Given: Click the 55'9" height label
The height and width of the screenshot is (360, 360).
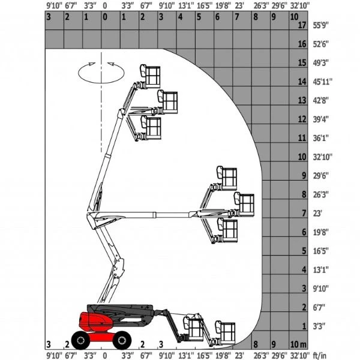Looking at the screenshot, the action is point(321,25).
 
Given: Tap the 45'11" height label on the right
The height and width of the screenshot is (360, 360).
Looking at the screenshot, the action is point(323,82).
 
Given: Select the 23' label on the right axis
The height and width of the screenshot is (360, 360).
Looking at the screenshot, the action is point(317,213).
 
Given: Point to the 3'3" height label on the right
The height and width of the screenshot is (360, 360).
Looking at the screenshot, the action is point(319,326).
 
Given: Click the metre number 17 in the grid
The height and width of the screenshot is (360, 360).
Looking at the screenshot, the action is point(302,25).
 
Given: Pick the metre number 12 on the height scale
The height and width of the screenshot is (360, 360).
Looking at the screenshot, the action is point(302,119).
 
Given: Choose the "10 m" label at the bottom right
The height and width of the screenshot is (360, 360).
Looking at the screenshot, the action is point(298,344).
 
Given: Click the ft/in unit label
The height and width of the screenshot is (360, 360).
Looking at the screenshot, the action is point(320,356).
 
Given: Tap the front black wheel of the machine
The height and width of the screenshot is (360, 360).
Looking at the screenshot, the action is point(122,340).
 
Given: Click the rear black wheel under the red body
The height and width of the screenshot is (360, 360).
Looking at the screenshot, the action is point(80,340).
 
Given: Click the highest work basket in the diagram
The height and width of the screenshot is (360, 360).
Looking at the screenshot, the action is point(151,76).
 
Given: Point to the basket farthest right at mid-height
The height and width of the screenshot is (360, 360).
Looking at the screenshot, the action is point(244,205).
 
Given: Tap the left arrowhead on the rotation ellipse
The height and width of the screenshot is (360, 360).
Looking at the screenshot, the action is point(92,64).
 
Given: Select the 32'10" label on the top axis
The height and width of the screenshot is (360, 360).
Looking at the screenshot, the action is point(300,5).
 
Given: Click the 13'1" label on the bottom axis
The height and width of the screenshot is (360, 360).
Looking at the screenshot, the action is point(186,356).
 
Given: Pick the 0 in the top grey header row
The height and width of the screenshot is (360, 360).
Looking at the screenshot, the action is point(105,17).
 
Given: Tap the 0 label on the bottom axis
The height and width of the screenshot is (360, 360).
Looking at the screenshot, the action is point(105,356).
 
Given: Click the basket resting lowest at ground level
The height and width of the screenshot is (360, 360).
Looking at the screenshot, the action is point(225,333).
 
